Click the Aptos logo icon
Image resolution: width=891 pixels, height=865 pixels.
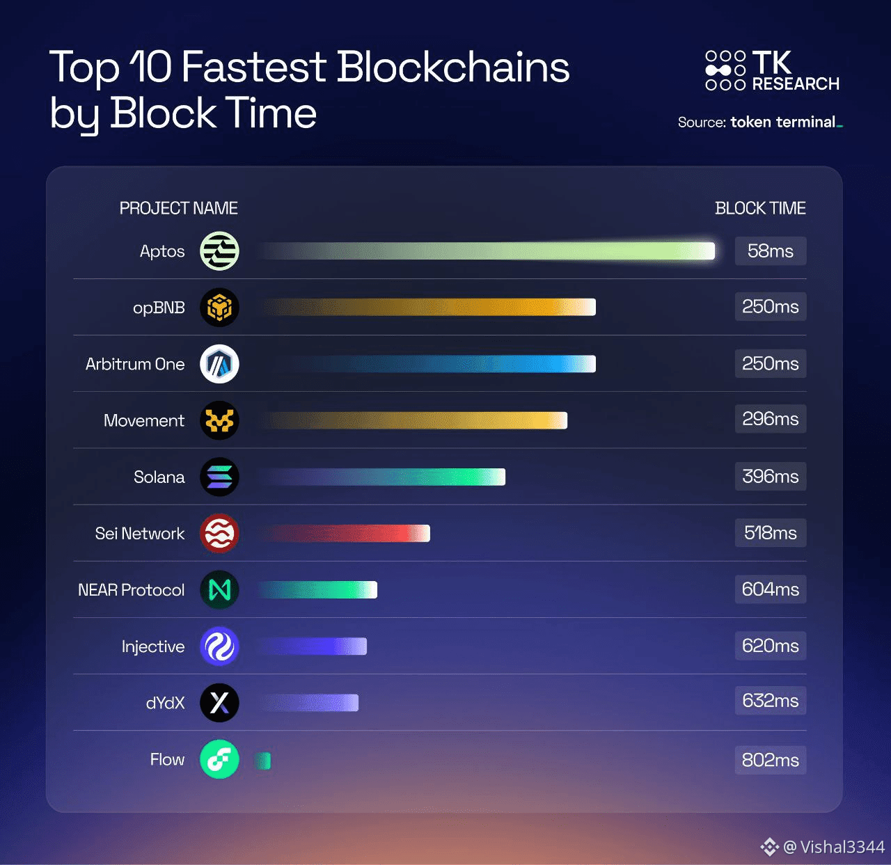(219, 251)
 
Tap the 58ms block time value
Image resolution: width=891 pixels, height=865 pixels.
(770, 251)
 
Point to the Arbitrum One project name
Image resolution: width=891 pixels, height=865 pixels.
(135, 364)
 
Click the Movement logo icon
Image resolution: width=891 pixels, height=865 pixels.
(219, 420)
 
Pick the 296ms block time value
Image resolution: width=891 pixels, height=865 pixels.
(770, 419)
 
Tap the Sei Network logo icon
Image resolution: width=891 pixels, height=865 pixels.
(219, 533)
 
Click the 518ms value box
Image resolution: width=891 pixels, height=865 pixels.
(770, 533)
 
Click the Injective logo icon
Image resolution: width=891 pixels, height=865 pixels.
(219, 646)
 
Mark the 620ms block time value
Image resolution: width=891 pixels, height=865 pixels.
(770, 646)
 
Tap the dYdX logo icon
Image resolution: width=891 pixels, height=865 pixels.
(219, 703)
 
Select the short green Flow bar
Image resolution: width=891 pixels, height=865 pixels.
(263, 761)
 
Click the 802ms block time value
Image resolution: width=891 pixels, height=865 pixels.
(770, 760)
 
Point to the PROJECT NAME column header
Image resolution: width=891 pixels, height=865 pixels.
(178, 208)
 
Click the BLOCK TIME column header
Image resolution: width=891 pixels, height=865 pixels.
(760, 208)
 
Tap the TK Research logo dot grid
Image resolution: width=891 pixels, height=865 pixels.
(725, 70)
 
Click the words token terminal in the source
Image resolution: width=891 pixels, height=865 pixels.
(783, 122)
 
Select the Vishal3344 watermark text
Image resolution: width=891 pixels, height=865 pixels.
(842, 847)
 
